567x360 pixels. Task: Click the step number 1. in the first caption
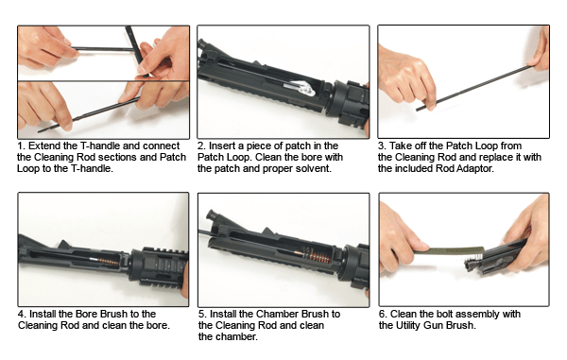[22, 146]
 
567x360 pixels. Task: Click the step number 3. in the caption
[382, 146]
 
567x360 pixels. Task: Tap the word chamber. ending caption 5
[221, 336]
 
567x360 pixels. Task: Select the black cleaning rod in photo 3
[472, 85]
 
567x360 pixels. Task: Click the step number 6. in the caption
[382, 314]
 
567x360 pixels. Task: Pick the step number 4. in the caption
[22, 314]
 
